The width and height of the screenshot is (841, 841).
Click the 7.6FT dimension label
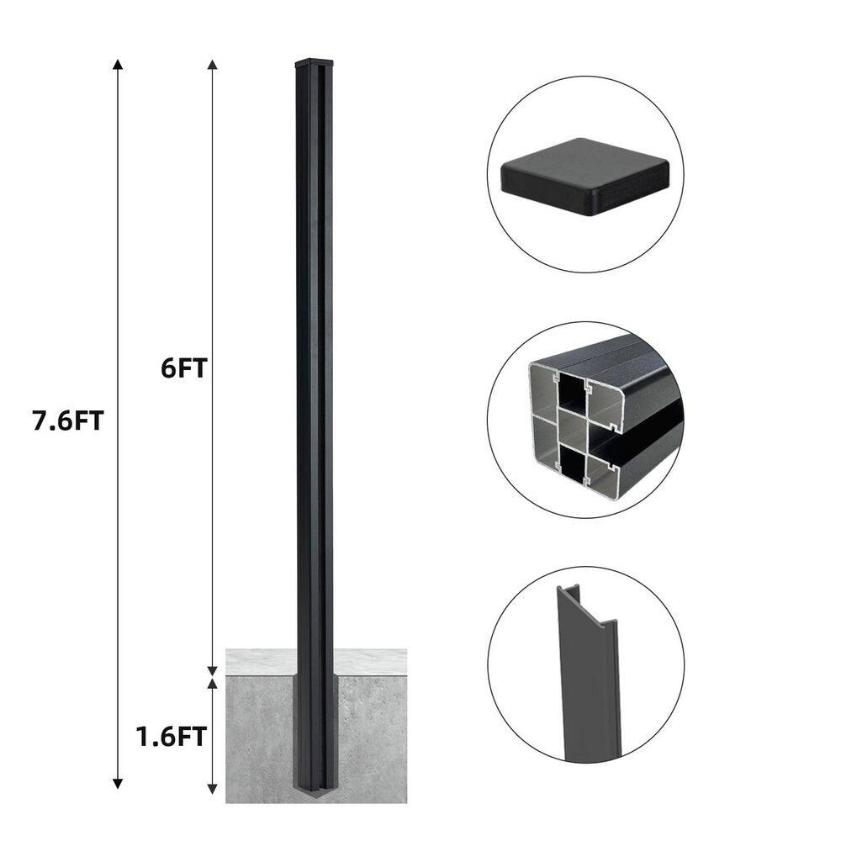pyautogui.click(x=67, y=420)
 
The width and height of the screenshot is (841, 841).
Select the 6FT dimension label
pyautogui.click(x=182, y=368)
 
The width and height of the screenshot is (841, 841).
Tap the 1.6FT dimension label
pyautogui.click(x=171, y=737)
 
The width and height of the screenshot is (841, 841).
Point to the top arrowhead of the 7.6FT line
pyautogui.click(x=118, y=65)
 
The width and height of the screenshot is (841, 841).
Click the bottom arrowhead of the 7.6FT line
pyautogui.click(x=118, y=784)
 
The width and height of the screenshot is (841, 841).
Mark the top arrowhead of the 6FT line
pyautogui.click(x=212, y=65)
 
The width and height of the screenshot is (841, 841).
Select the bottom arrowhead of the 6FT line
pyautogui.click(x=212, y=669)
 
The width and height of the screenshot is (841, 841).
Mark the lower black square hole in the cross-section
pyautogui.click(x=571, y=463)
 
